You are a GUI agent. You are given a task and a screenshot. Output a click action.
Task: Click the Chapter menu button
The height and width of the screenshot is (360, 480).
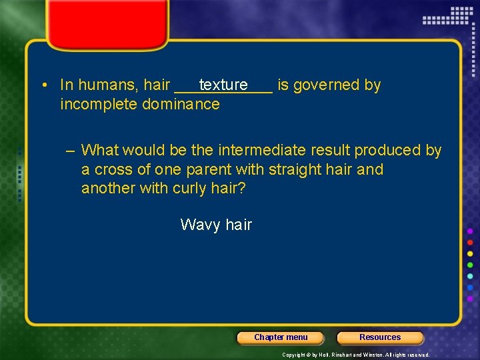coord(281,337)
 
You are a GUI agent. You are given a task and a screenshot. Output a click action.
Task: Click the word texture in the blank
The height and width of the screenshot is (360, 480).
coord(223,85)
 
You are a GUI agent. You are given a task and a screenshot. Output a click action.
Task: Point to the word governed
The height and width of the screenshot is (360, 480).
coord(327,85)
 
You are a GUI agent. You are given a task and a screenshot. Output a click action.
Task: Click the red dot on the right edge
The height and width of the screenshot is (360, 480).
coord(470,242)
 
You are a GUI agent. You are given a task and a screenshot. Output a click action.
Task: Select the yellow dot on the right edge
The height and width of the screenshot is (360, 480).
coord(470,253)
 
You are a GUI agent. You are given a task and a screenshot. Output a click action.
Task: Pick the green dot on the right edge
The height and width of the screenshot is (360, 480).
coord(470,265)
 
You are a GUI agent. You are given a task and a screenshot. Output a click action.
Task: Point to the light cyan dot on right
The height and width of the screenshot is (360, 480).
coord(470,276)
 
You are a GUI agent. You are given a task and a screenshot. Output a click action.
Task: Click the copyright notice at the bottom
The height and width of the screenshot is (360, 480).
coord(355,355)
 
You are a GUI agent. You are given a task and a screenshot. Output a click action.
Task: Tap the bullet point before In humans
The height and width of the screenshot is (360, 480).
coord(42,85)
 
